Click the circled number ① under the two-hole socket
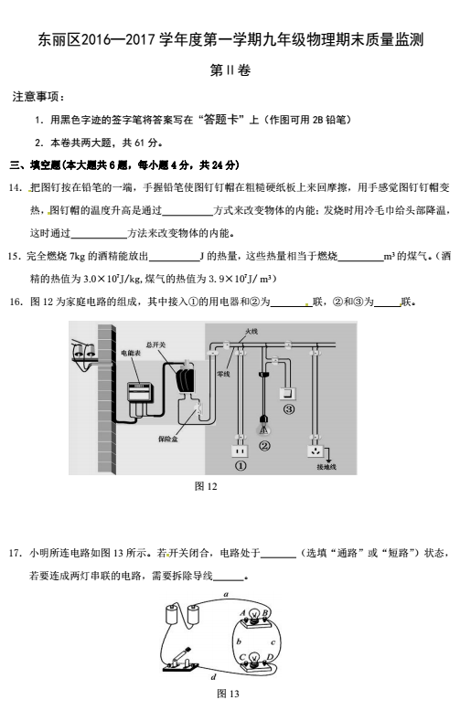tap(241, 466)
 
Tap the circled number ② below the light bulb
tap(264, 446)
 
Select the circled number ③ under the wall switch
tap(289, 408)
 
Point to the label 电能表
tap(130, 353)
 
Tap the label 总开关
tap(155, 345)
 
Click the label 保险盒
tap(167, 440)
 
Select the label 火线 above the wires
tap(252, 331)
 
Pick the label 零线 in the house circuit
tap(223, 374)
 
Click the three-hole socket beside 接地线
tap(316, 451)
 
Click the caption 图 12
tap(206, 486)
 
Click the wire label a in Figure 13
tap(226, 594)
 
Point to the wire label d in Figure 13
tap(213, 676)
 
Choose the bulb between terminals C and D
tap(254, 658)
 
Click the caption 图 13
tap(228, 694)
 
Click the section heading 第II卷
tap(230, 70)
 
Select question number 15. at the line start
tap(15, 256)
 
